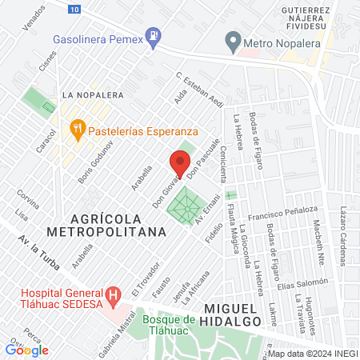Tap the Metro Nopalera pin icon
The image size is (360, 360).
pos(233,39)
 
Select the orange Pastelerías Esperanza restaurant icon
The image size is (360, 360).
pos(77,126)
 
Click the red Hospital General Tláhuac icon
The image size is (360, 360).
pos(114,294)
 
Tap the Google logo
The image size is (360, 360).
pos(27,350)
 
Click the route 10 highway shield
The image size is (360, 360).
pos(74,9)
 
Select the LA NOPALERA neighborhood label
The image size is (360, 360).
pos(93,95)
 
